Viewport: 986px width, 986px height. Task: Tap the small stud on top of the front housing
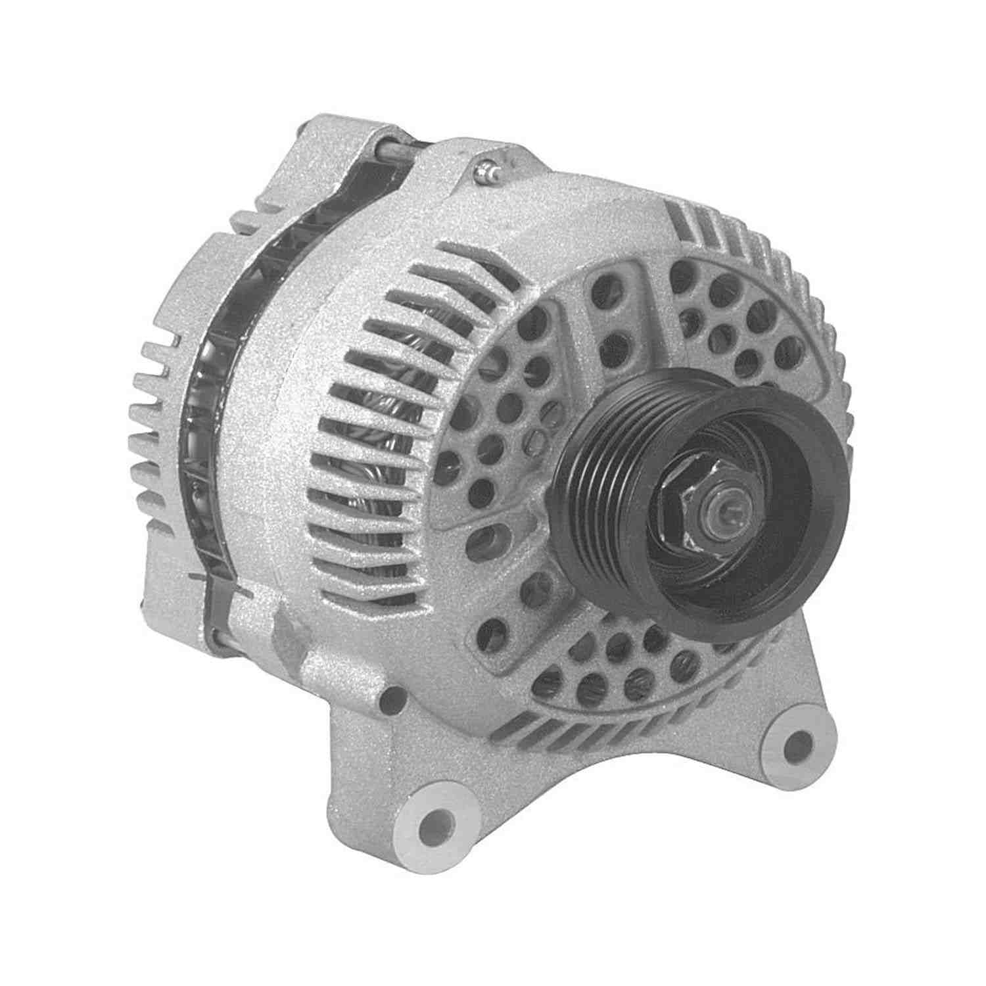tap(487, 172)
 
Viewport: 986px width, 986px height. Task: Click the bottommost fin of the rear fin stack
tap(148, 506)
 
